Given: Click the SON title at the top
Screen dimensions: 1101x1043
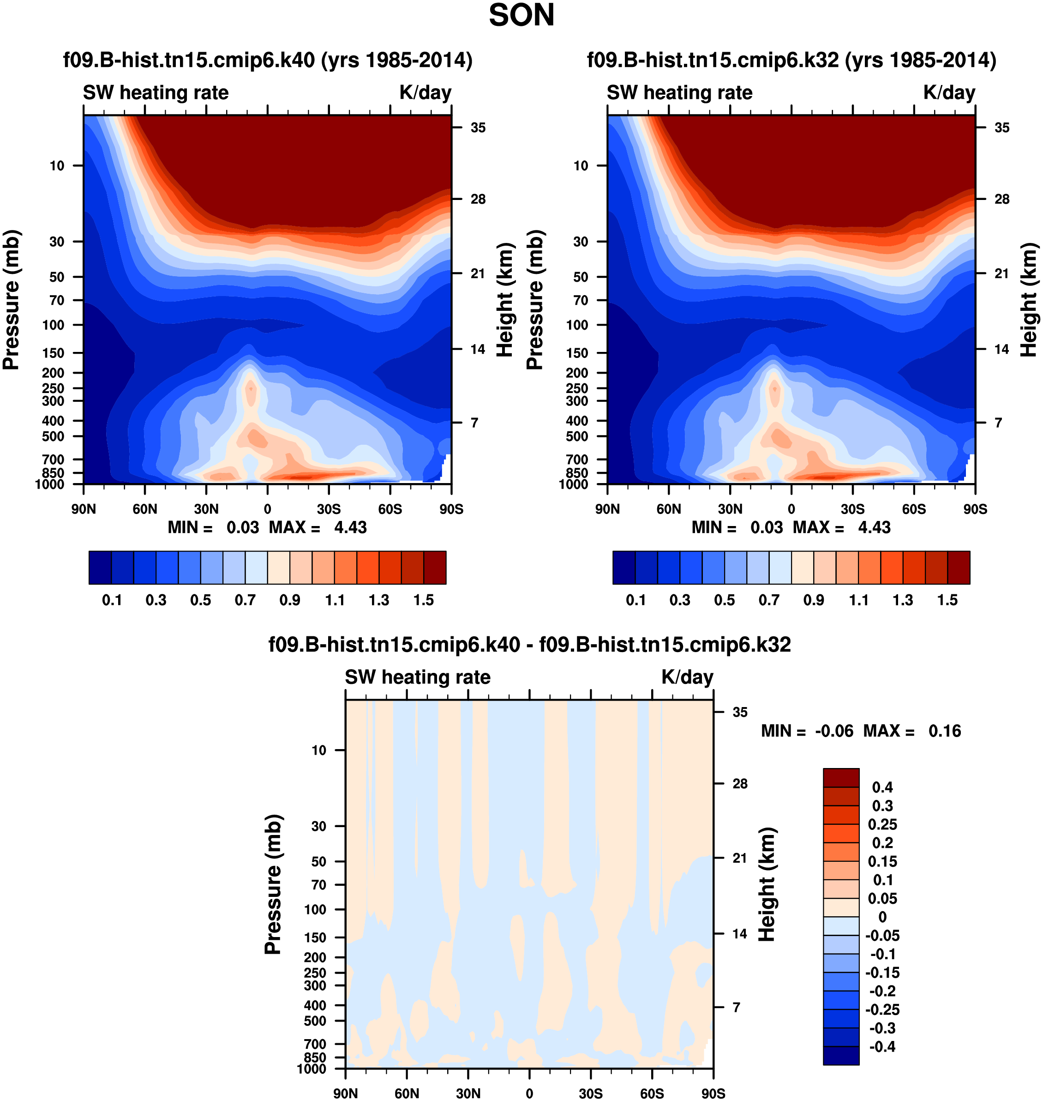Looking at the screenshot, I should tap(521, 16).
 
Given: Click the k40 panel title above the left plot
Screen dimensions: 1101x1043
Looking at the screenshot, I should tap(267, 60).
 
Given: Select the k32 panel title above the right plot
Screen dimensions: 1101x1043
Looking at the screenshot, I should tap(791, 60).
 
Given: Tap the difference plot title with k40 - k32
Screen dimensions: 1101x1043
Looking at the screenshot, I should tap(529, 645).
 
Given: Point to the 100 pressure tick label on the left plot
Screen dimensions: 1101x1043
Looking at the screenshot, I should tap(54, 325).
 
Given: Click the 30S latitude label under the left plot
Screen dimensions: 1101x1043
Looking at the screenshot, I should tap(329, 509).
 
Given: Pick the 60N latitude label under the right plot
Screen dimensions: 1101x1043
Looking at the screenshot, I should tap(668, 509).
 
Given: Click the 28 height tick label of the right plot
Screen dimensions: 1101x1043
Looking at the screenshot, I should tap(1001, 199).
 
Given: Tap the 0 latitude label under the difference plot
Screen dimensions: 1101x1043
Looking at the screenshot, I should tap(529, 1093).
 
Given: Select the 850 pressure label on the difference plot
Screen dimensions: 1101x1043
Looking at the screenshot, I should tap(315, 1057).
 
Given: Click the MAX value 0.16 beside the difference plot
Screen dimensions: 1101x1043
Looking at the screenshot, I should tap(945, 731).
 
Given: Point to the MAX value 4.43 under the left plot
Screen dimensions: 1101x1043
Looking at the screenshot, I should tap(350, 527).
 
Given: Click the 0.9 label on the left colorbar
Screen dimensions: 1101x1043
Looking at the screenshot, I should tap(290, 600).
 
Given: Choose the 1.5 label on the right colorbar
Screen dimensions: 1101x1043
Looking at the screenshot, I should tap(947, 600).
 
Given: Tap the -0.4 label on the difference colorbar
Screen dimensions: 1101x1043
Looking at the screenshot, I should tap(882, 1047).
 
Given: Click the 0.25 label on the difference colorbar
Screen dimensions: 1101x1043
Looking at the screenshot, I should tap(882, 824).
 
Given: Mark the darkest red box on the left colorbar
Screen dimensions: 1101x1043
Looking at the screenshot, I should tap(435, 568).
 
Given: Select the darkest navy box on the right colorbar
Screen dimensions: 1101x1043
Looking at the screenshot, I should tap(624, 568).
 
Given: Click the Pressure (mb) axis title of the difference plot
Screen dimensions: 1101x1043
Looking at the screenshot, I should tap(274, 884).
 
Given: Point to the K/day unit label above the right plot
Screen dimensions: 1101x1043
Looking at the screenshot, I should tap(949, 92).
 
